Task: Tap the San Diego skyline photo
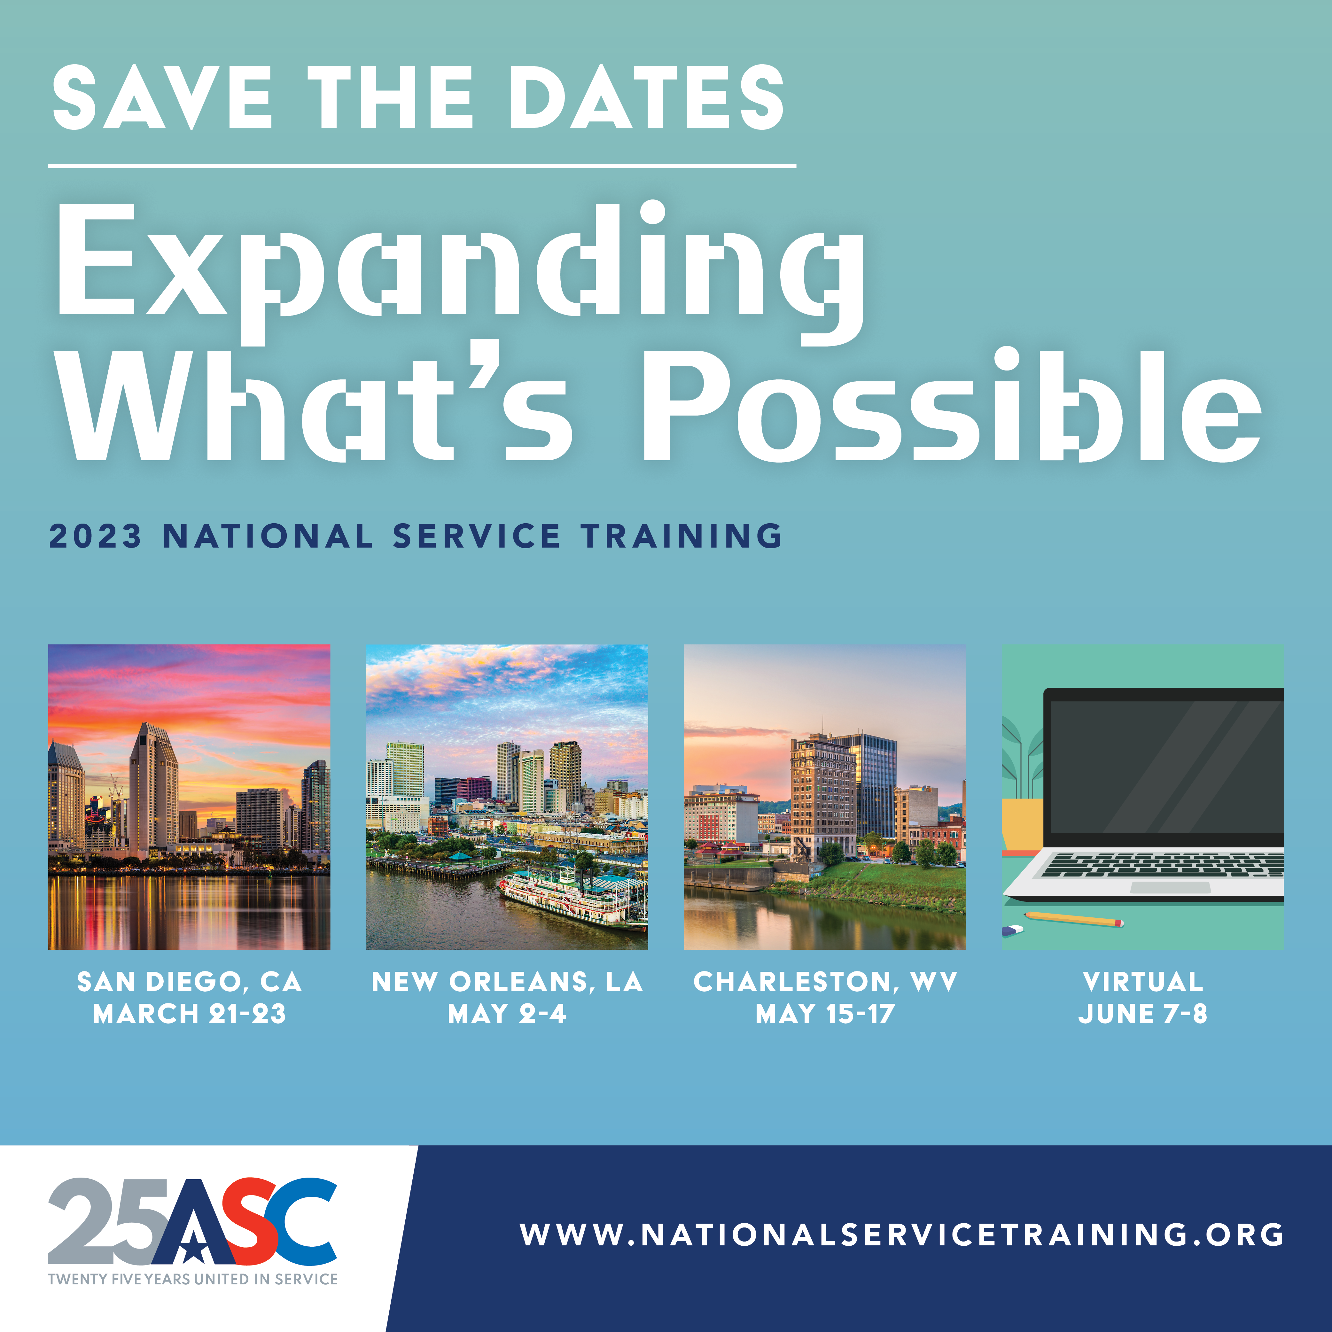tap(189, 797)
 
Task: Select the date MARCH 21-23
tap(190, 1014)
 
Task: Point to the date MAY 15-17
tap(825, 1014)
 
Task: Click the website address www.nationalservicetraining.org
tap(902, 1234)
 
